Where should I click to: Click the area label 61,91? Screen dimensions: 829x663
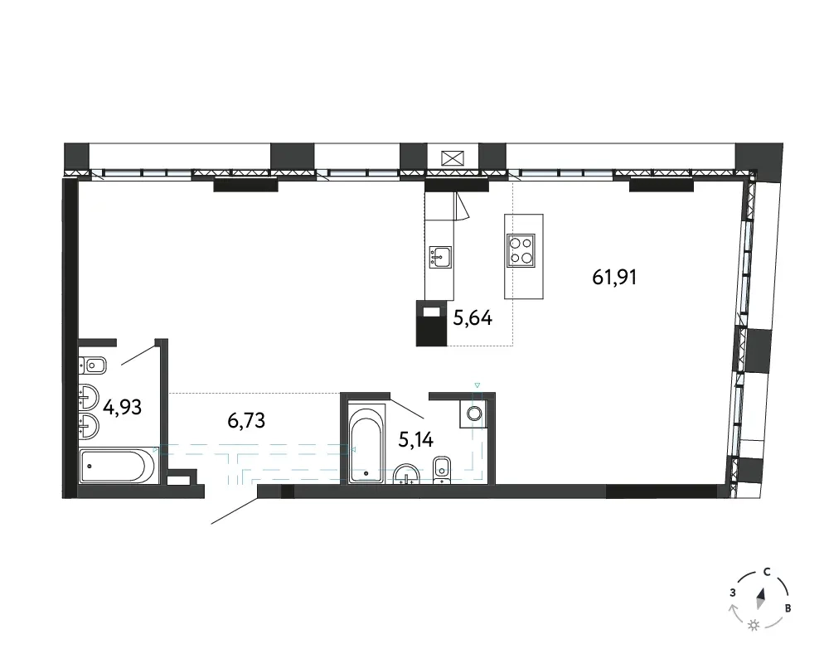[613, 277]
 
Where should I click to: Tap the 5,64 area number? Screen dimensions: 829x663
[473, 318]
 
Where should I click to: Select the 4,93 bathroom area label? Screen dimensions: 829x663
[122, 408]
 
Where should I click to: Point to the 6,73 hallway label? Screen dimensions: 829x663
[246, 421]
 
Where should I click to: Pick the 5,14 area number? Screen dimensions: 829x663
[415, 439]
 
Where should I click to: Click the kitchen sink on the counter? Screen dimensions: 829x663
[440, 257]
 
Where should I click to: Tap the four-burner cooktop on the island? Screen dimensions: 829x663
[521, 249]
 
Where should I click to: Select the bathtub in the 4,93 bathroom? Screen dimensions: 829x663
[118, 466]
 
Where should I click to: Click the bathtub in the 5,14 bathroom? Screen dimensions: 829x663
[366, 443]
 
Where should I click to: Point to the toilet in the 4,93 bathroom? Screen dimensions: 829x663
[93, 365]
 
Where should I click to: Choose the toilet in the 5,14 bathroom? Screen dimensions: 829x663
[442, 470]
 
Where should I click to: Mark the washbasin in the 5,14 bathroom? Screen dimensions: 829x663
[406, 474]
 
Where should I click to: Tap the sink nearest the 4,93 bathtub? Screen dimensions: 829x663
[89, 426]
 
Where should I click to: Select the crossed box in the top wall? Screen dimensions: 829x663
[453, 158]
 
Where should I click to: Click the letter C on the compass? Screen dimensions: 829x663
[767, 572]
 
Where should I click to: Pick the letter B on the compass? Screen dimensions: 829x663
[788, 608]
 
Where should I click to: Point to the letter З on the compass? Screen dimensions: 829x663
[732, 593]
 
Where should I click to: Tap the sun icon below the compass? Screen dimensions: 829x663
[754, 626]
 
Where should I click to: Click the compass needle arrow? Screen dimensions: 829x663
[761, 599]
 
